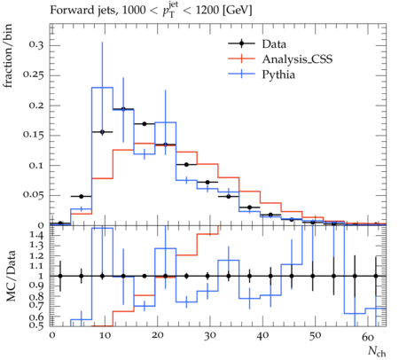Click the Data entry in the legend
(x=274, y=44)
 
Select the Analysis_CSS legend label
(x=297, y=59)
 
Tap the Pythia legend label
(x=278, y=74)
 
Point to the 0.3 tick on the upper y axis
(x=36, y=45)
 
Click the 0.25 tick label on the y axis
(x=34, y=75)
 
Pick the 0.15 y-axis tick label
(x=34, y=135)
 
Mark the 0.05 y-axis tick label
(x=34, y=195)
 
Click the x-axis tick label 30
(x=209, y=335)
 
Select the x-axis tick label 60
(x=368, y=336)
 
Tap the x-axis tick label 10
(x=105, y=335)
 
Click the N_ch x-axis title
(x=377, y=352)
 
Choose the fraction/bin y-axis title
(x=8, y=56)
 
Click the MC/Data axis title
(x=11, y=276)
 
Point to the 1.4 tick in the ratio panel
(x=36, y=235)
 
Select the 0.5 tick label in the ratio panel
(x=36, y=325)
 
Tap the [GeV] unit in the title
(x=238, y=11)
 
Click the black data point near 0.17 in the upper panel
(x=145, y=124)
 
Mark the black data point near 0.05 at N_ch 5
(x=82, y=196)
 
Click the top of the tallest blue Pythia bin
(x=102, y=88)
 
